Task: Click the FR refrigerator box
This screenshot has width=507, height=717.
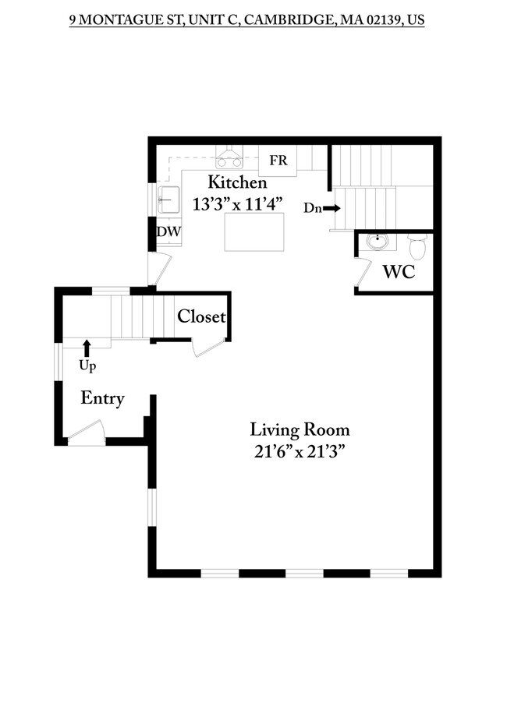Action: tap(278, 161)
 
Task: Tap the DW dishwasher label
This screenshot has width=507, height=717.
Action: tap(168, 231)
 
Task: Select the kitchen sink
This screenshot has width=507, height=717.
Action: tap(168, 200)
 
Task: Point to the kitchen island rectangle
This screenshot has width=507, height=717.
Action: tap(254, 231)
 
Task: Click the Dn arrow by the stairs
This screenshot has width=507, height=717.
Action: tap(331, 208)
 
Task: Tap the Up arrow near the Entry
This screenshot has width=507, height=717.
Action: tap(87, 348)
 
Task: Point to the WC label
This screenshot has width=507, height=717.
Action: tap(399, 272)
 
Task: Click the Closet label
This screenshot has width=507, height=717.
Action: tap(201, 316)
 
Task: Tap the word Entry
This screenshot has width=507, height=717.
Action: tap(102, 398)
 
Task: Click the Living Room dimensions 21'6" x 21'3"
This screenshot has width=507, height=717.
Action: tap(300, 452)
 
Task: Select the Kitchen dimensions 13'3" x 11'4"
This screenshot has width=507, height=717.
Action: tap(237, 204)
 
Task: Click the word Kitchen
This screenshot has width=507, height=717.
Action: tap(237, 182)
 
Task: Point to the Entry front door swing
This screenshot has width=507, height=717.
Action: tap(87, 433)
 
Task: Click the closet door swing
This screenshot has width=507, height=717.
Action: tap(209, 348)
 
